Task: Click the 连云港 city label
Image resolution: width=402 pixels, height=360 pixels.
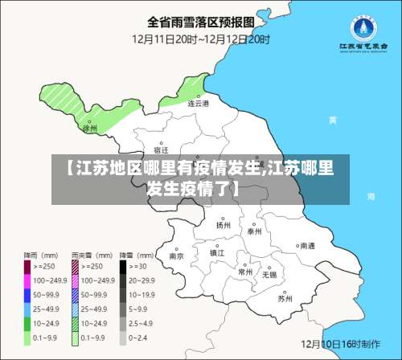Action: point(198,104)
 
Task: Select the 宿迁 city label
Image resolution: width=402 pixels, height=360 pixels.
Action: point(161,149)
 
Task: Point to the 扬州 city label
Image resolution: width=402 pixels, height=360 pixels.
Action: point(223,226)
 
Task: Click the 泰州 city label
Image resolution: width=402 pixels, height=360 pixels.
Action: point(255,231)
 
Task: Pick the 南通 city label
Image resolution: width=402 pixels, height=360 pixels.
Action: point(307,246)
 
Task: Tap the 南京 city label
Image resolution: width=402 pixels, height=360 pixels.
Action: point(177,256)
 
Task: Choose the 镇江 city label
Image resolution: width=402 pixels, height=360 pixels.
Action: point(217,252)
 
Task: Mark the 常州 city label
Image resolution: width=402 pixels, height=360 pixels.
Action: point(245,272)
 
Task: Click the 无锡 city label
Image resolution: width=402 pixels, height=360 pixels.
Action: point(269,274)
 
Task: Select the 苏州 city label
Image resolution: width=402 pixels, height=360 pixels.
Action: point(285,298)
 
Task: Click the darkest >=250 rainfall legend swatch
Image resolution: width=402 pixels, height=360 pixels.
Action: point(27,266)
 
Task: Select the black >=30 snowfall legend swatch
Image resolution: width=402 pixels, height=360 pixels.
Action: point(124,266)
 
